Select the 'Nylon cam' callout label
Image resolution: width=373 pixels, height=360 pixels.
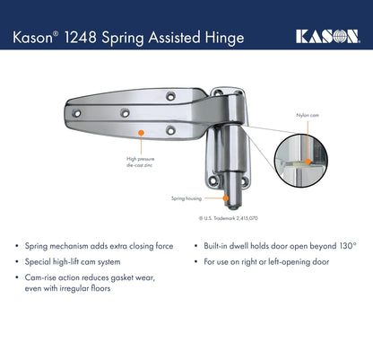pyautogui.click(x=307, y=116)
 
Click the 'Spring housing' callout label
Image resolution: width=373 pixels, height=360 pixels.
pyautogui.click(x=185, y=198)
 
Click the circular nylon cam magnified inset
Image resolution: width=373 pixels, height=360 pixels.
pyautogui.click(x=301, y=162)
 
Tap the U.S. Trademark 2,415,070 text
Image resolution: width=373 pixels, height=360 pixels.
pyautogui.click(x=228, y=217)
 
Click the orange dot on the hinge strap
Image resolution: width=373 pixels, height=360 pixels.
pyautogui.click(x=140, y=133)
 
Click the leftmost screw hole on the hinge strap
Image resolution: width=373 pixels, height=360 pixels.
pyautogui.click(x=77, y=114)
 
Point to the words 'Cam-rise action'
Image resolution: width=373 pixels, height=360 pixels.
pyautogui.click(x=56, y=277)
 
